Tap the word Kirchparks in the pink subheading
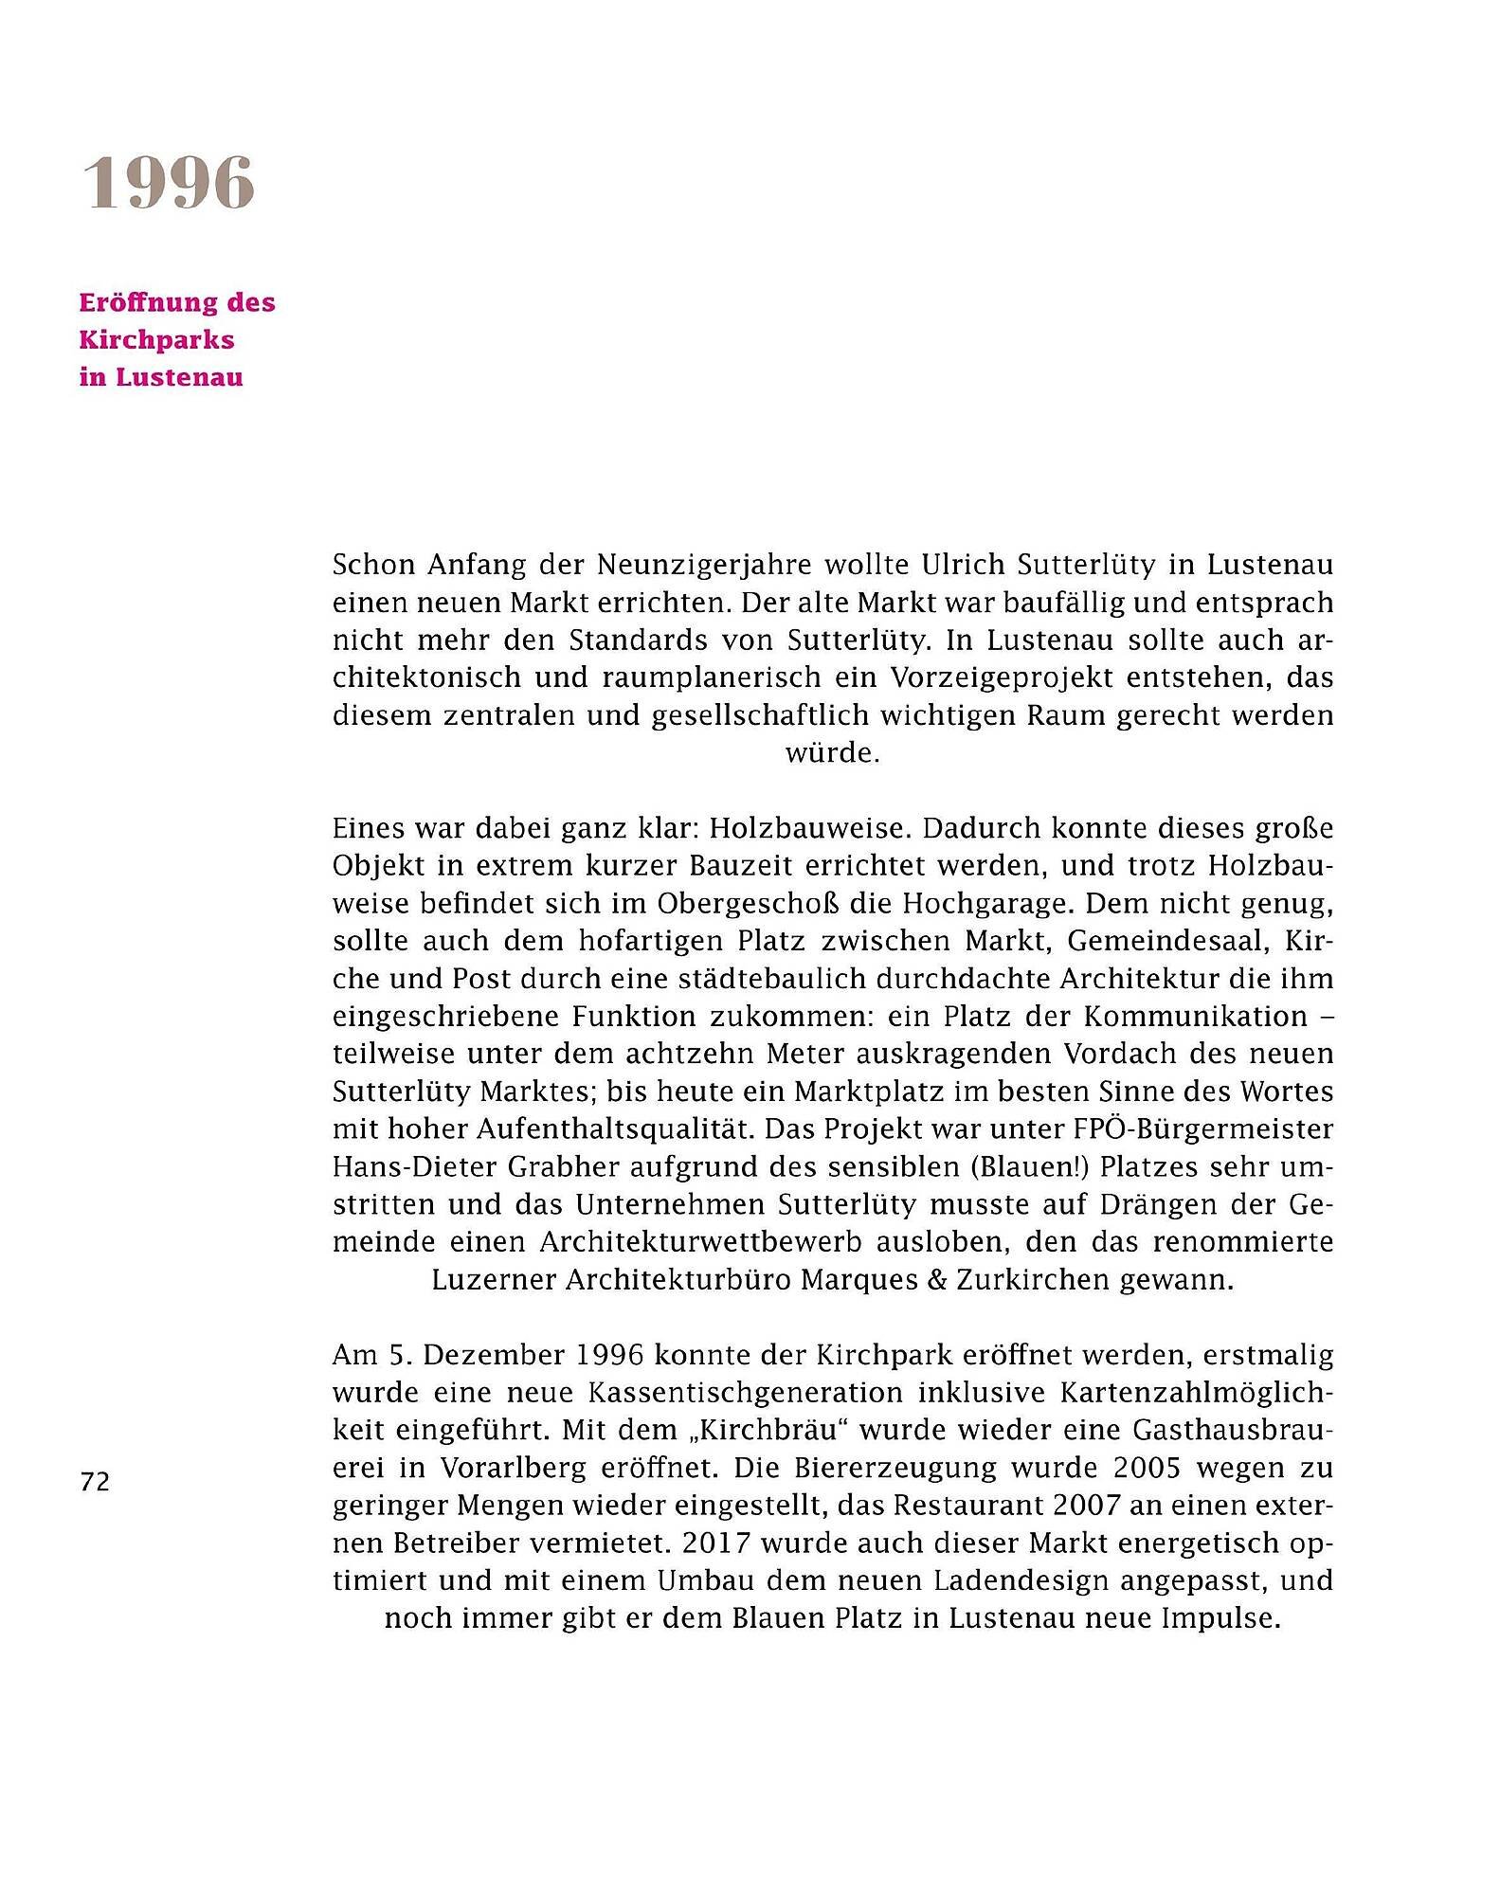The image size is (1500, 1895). click(x=156, y=340)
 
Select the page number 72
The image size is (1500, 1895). click(x=95, y=1482)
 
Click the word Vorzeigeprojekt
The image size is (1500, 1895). click(x=974, y=678)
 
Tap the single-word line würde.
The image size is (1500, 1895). click(x=832, y=753)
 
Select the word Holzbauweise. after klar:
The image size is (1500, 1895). click(x=810, y=829)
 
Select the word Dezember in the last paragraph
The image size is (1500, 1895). click(x=494, y=1355)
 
